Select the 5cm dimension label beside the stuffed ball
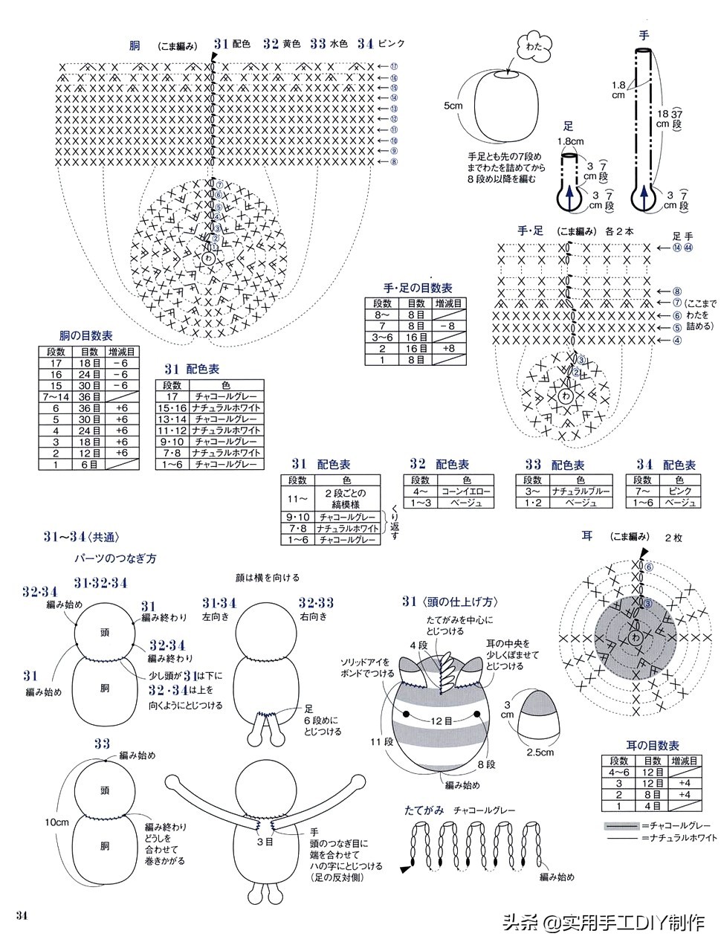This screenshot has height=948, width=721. pos(453,106)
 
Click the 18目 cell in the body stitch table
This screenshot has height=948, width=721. pos(90,363)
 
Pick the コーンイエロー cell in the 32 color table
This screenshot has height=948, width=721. pos(468,492)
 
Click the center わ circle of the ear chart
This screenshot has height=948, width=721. pos(635,637)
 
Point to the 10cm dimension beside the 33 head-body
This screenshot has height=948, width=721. pos(56,822)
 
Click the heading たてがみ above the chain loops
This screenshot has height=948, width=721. pos(424,810)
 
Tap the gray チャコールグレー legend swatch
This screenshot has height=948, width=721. pos(621,825)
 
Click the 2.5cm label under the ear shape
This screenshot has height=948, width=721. pos(540,752)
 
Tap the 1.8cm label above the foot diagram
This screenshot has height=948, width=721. pos(570,141)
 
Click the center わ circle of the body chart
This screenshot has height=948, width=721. pos(209,258)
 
